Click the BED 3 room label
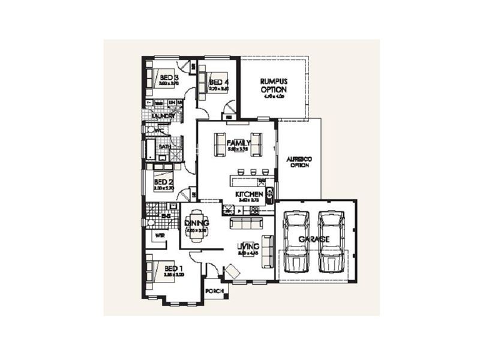(x=167, y=78)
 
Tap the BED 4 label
(x=219, y=82)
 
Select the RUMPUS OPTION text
(x=274, y=86)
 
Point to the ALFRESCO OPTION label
(x=298, y=161)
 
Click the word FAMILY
(x=239, y=142)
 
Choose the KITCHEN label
(x=249, y=196)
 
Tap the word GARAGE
(x=315, y=239)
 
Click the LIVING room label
(x=248, y=246)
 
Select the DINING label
(x=197, y=223)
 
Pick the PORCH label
(x=214, y=291)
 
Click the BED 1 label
(x=170, y=268)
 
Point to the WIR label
(x=160, y=236)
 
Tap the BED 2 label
(x=163, y=182)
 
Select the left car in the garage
(x=296, y=240)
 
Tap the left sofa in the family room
(x=219, y=144)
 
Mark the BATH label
(x=164, y=146)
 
